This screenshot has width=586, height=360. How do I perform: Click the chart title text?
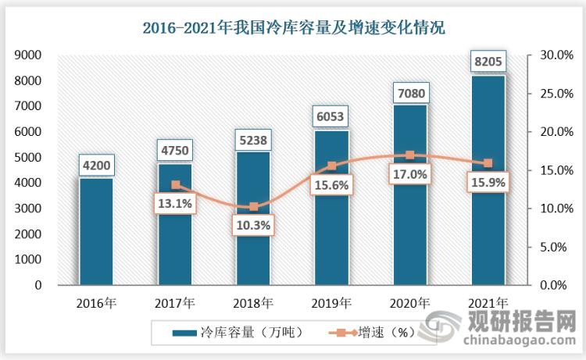point(293,29)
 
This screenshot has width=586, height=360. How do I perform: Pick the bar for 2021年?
point(488,180)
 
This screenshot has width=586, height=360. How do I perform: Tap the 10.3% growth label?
point(253,226)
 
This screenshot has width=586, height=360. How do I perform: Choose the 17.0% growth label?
point(409,175)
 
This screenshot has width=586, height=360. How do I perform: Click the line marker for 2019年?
point(331,166)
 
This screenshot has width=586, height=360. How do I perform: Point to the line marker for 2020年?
point(409,155)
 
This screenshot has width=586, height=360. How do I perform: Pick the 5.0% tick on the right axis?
point(554,247)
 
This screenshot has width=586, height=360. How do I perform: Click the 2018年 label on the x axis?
point(253,302)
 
